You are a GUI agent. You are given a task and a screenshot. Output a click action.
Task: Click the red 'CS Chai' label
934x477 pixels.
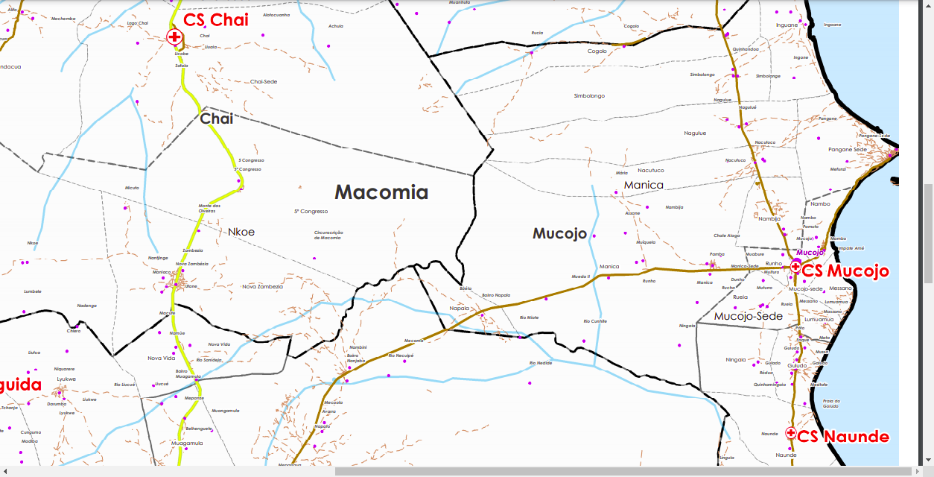click(216, 20)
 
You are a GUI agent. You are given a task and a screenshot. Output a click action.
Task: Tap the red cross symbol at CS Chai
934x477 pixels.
click(174, 37)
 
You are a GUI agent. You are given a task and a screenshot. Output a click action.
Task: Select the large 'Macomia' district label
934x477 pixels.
click(381, 192)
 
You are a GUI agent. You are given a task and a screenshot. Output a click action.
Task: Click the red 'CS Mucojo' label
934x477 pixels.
click(845, 271)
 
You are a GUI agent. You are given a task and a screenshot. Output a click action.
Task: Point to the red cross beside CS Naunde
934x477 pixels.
click(791, 432)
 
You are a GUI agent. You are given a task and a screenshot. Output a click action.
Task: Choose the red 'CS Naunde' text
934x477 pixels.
click(843, 436)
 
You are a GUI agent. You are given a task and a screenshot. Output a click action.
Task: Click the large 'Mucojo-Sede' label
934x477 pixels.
click(749, 316)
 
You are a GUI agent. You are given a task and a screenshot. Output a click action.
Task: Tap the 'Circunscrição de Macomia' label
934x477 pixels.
click(328, 235)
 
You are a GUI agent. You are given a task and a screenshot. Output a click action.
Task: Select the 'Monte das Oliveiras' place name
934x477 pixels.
click(209, 208)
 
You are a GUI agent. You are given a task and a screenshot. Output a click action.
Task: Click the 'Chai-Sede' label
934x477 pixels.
click(264, 81)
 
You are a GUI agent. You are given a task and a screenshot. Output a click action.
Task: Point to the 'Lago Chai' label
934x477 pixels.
click(138, 23)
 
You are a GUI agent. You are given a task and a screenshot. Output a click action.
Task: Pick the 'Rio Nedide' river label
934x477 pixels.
click(541, 363)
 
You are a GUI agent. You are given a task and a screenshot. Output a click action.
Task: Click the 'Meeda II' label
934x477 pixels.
click(580, 276)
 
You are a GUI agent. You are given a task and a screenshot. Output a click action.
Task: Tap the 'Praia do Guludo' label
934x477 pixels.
click(832, 403)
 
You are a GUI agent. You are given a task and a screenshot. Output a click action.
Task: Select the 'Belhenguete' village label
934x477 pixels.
click(199, 429)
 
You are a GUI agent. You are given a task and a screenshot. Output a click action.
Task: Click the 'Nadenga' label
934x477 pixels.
click(87, 306)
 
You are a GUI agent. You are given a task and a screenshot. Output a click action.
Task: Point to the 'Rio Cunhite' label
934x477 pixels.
click(595, 321)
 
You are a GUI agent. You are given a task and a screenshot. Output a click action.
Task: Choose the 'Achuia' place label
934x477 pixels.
click(336, 26)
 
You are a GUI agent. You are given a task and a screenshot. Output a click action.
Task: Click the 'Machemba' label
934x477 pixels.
click(64, 19)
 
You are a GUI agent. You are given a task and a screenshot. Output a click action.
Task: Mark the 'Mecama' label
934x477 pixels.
click(413, 341)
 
